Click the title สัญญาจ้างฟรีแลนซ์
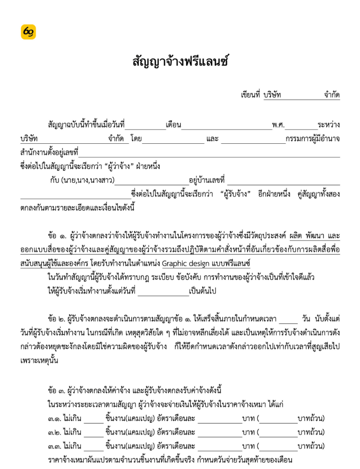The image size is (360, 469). [180, 62]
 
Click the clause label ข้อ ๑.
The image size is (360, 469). [57, 235]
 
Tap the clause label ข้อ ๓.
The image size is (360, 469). [57, 391]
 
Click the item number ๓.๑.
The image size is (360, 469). [54, 418]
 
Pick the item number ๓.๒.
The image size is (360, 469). [54, 432]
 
